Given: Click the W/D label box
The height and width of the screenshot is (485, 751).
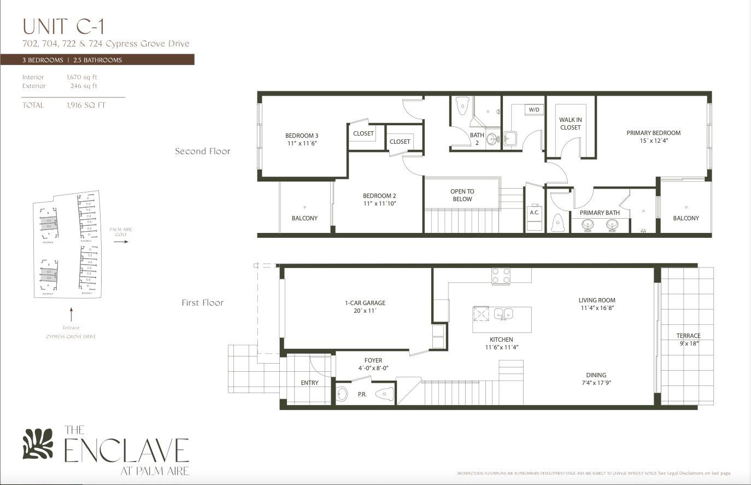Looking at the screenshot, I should pyautogui.click(x=533, y=110).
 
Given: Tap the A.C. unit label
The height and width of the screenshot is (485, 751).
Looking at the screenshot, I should pyautogui.click(x=535, y=212).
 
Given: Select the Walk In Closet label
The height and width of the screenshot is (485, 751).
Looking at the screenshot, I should pyautogui.click(x=570, y=124).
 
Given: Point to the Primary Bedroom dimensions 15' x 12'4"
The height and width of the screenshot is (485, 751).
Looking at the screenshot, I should pyautogui.click(x=654, y=141).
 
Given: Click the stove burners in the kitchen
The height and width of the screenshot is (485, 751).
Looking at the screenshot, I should pyautogui.click(x=501, y=276).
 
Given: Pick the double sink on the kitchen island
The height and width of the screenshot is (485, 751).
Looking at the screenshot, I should pyautogui.click(x=503, y=314).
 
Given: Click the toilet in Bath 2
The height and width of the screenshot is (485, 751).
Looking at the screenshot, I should pyautogui.click(x=462, y=105).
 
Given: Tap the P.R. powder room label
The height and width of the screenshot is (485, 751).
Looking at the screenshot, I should pyautogui.click(x=362, y=394).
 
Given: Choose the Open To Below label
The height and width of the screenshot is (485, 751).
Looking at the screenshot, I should pyautogui.click(x=462, y=195).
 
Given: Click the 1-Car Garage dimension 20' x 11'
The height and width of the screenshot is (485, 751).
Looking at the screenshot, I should pyautogui.click(x=365, y=311).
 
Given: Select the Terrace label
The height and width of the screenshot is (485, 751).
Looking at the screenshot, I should pyautogui.click(x=688, y=336).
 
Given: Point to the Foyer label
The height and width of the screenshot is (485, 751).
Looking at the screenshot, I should pyautogui.click(x=373, y=360).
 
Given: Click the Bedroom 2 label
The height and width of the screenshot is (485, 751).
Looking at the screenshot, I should pyautogui.click(x=379, y=196).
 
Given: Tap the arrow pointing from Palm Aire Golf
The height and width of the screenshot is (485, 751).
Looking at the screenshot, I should pyautogui.click(x=121, y=241).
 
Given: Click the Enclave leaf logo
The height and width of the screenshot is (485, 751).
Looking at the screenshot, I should pyautogui.click(x=38, y=443).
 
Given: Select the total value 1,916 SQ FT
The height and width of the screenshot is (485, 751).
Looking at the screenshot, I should pyautogui.click(x=86, y=105).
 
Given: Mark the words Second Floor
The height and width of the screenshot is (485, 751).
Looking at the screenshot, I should pyautogui.click(x=203, y=151).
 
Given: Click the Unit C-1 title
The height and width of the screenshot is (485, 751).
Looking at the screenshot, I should pyautogui.click(x=63, y=26).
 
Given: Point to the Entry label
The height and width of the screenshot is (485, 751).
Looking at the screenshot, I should pyautogui.click(x=309, y=383).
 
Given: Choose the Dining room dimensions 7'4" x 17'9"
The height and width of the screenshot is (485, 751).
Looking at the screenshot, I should pyautogui.click(x=596, y=383).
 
